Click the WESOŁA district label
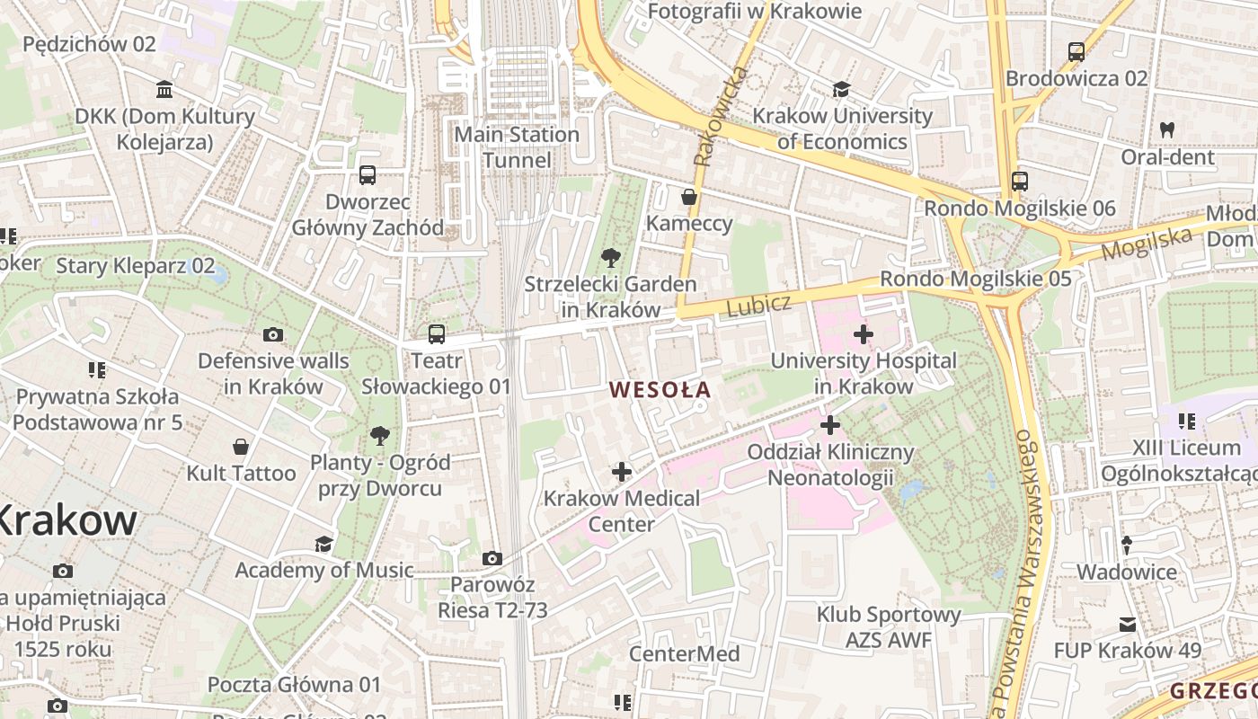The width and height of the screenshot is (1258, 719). pyautogui.click(x=660, y=390)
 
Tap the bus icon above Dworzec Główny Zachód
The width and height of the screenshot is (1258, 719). pyautogui.click(x=367, y=175)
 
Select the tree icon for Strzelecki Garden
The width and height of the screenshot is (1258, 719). pyautogui.click(x=611, y=258)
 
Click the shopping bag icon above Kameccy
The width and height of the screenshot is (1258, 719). pyautogui.click(x=689, y=197)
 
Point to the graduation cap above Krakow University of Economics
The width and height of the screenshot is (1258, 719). pyautogui.click(x=841, y=90)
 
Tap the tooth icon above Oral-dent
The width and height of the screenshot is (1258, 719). pyautogui.click(x=1167, y=130)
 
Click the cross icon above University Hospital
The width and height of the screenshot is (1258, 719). pyautogui.click(x=864, y=335)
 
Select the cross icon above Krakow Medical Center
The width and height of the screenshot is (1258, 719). pyautogui.click(x=621, y=471)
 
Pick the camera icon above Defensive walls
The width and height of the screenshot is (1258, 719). pyautogui.click(x=273, y=335)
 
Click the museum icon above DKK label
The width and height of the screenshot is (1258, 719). pyautogui.click(x=164, y=90)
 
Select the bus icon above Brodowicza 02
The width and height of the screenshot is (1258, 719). pyautogui.click(x=1076, y=52)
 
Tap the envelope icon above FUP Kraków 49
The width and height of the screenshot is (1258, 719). pyautogui.click(x=1127, y=624)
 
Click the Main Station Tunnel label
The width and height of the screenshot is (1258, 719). pyautogui.click(x=517, y=147)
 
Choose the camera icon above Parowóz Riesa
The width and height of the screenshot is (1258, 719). pyautogui.click(x=492, y=559)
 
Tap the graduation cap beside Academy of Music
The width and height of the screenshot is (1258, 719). pyautogui.click(x=323, y=544)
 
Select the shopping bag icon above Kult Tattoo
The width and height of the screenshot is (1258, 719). pyautogui.click(x=241, y=447)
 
